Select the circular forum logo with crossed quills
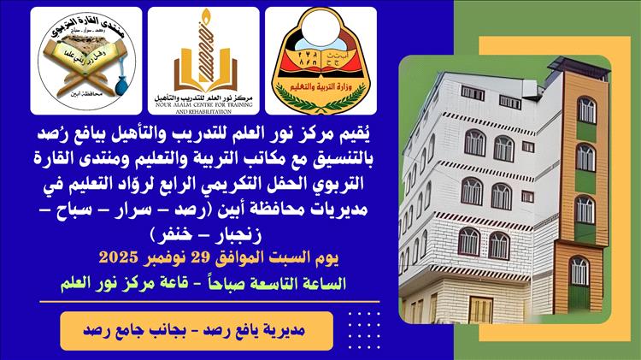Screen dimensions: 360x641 coord(85,60)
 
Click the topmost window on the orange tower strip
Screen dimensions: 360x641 coord(585,109)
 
